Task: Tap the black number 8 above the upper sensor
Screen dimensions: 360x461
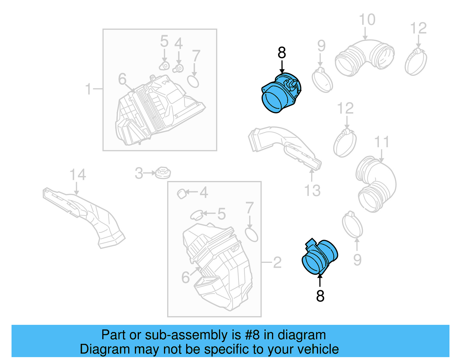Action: tap(282, 53)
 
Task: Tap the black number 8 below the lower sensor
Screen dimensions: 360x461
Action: tap(320, 296)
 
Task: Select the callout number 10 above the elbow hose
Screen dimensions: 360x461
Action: tap(367, 20)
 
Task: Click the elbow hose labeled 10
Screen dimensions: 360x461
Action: tap(364, 58)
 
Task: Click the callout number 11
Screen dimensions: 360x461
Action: tap(381, 142)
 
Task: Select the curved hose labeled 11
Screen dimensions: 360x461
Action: tap(376, 184)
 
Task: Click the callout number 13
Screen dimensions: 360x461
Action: tap(312, 191)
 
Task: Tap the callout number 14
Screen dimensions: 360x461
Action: tap(78, 175)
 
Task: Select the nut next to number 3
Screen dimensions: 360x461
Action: tap(163, 173)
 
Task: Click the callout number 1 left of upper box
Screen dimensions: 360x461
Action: tap(88, 89)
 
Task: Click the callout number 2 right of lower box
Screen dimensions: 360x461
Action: tap(277, 262)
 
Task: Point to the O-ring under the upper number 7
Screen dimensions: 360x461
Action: tap(193, 81)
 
